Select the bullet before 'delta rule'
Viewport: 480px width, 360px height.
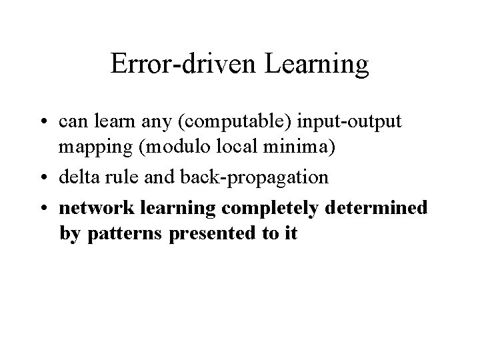[49, 178]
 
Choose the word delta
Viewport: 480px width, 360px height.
[77, 178]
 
